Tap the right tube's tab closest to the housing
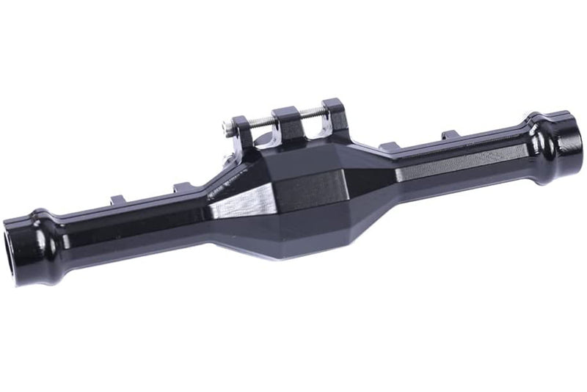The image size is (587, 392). (x=390, y=147)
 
